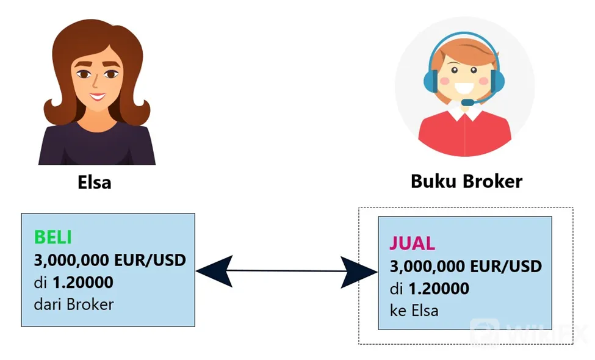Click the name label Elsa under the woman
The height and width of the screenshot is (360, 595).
(x=95, y=182)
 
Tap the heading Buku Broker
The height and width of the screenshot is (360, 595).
(x=466, y=181)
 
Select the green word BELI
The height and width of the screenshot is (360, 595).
(x=52, y=237)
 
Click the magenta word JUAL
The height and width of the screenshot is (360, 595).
(x=412, y=243)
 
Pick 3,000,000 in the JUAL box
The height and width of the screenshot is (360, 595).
(x=428, y=266)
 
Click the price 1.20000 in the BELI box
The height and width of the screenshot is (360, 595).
(x=83, y=283)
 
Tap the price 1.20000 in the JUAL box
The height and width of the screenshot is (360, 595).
(x=439, y=289)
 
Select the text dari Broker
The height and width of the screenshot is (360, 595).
(x=74, y=304)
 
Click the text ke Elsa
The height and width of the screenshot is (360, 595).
(x=414, y=311)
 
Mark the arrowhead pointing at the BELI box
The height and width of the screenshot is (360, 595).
(x=214, y=271)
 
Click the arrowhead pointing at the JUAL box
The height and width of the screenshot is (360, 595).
(x=359, y=272)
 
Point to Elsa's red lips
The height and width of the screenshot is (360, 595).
(x=98, y=97)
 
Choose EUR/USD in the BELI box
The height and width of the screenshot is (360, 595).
(x=150, y=260)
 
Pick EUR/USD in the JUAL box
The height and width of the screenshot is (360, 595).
(x=506, y=266)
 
